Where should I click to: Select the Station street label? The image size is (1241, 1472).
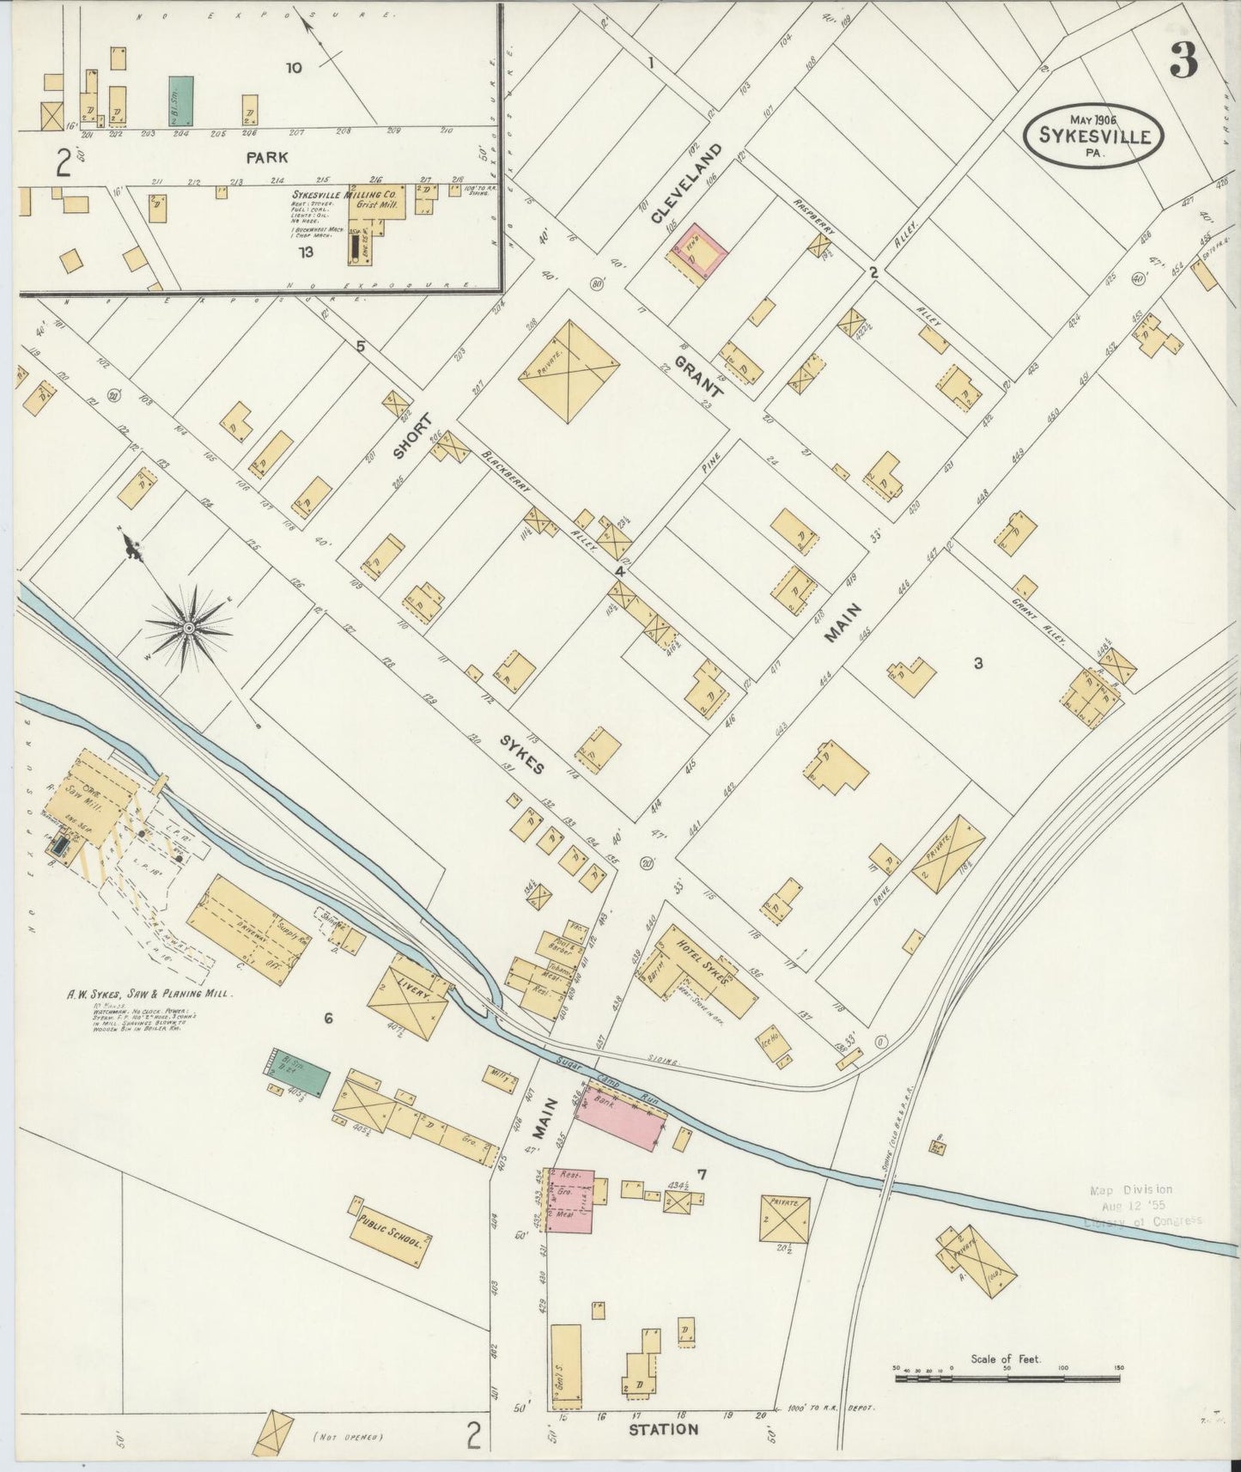click(663, 1429)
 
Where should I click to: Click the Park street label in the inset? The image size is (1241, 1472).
click(266, 157)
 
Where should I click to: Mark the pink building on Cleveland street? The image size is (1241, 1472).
click(699, 252)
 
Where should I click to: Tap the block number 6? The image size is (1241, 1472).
click(327, 1019)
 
